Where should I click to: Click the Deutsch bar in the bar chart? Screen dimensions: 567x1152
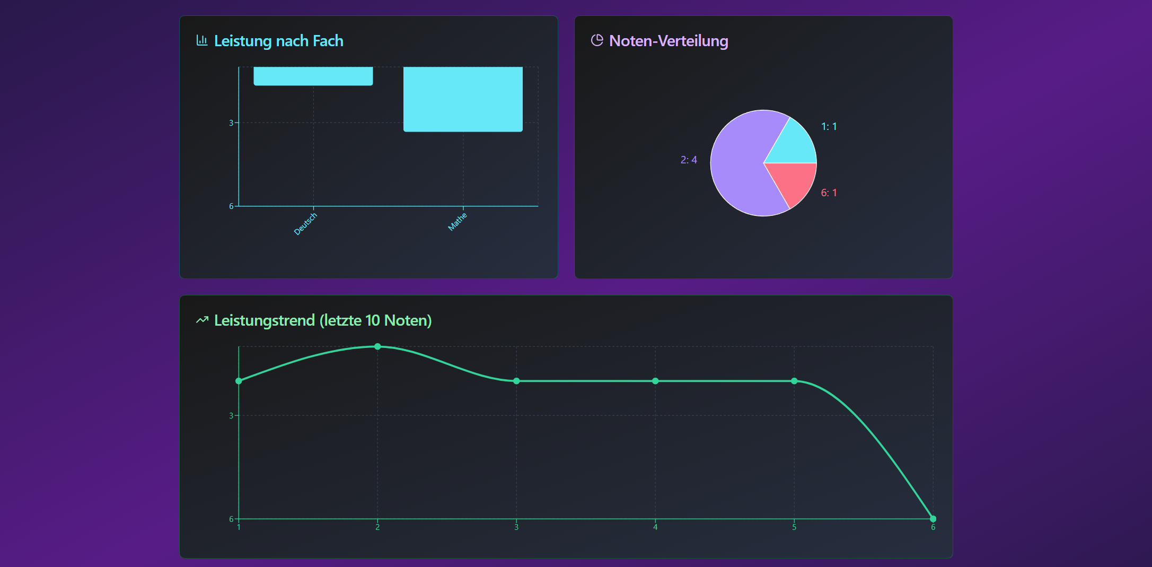pyautogui.click(x=313, y=76)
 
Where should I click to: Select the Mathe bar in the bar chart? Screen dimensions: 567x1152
pyautogui.click(x=463, y=99)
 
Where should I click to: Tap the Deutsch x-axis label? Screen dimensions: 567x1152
pyautogui.click(x=305, y=224)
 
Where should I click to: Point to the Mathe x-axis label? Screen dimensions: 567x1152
pyautogui.click(x=458, y=222)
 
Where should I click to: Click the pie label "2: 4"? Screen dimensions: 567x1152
pyautogui.click(x=689, y=160)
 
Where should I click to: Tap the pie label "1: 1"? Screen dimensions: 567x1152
pyautogui.click(x=829, y=126)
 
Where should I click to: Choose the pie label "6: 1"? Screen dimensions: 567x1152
pyautogui.click(x=829, y=193)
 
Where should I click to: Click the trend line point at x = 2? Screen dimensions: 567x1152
pyautogui.click(x=377, y=346)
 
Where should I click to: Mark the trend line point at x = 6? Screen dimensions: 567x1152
pyautogui.click(x=933, y=519)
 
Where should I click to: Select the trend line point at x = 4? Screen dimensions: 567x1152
pyautogui.click(x=655, y=381)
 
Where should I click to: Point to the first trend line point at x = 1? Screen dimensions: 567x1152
pyautogui.click(x=239, y=381)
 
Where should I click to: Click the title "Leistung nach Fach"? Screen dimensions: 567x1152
pyautogui.click(x=278, y=41)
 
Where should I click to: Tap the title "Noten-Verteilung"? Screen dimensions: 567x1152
pyautogui.click(x=669, y=41)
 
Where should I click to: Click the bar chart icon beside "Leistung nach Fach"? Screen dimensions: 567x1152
pyautogui.click(x=202, y=40)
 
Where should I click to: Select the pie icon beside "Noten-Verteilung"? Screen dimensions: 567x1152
pyautogui.click(x=597, y=40)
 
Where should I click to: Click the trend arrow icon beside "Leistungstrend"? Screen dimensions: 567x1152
pyautogui.click(x=202, y=320)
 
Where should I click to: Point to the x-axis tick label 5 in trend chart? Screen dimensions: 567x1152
pyautogui.click(x=794, y=527)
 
